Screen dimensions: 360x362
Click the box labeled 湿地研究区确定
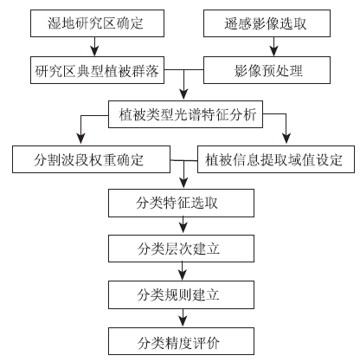click(97, 23)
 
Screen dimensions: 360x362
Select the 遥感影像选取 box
click(267, 23)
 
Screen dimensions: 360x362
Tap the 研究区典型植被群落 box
click(97, 70)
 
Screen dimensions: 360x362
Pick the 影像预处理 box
click(267, 70)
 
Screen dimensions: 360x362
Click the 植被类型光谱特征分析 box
click(185, 114)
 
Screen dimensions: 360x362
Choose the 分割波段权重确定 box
click(91, 159)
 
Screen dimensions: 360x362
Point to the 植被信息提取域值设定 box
click(276, 159)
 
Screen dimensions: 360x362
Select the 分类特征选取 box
click(181, 204)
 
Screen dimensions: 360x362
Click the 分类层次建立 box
click(181, 249)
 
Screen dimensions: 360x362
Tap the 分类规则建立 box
click(181, 294)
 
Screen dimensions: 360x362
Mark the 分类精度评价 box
click(181, 341)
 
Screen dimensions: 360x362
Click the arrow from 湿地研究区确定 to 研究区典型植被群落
click(94, 47)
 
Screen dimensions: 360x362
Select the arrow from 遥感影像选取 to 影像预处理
click(273, 47)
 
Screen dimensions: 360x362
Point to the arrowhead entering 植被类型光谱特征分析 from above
click(183, 94)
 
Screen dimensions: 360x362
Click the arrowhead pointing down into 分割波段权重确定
click(81, 139)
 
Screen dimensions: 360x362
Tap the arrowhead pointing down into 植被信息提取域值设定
click(286, 139)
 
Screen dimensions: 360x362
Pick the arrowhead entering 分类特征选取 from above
click(183, 183)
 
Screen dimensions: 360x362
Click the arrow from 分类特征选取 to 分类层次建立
click(183, 226)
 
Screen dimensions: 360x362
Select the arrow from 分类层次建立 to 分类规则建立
click(183, 271)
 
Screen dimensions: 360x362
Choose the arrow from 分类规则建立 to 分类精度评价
click(183, 318)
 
